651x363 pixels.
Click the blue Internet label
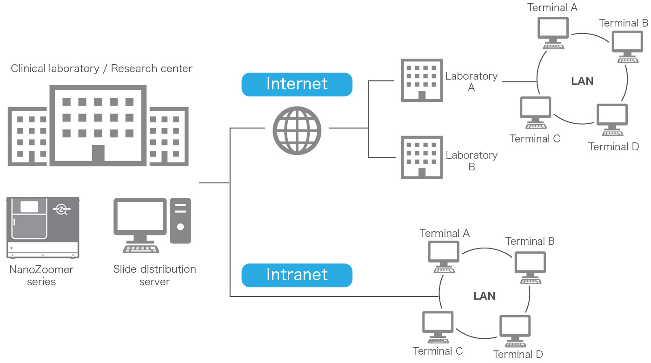pos(297,84)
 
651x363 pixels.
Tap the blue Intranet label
pos(297,275)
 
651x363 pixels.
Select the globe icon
pos(297,130)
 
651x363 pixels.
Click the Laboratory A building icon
pos(422,80)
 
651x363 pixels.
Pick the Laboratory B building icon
pos(422,157)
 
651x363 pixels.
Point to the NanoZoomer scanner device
pos(43,227)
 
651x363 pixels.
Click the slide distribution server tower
pos(180,221)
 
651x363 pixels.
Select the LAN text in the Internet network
pos(582,81)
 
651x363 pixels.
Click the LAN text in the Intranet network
pos(484,296)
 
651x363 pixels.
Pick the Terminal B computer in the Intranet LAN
pos(530,266)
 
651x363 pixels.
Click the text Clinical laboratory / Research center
pos(101,69)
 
